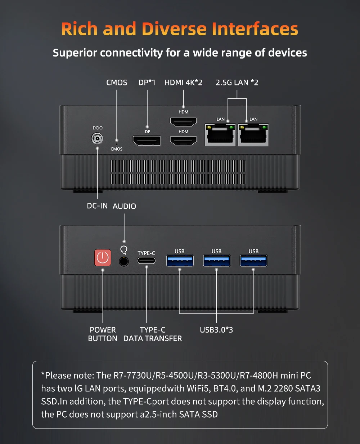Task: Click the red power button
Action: (103, 257)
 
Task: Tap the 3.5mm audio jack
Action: (124, 261)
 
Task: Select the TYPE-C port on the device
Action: (147, 261)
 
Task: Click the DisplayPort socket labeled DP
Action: (147, 141)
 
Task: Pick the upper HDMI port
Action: (183, 122)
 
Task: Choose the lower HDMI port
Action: (183, 141)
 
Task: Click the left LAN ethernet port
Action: (220, 135)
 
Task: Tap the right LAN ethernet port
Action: (253, 135)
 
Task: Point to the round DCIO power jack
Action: (97, 138)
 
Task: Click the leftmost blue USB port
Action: (180, 261)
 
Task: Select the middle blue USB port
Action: (217, 261)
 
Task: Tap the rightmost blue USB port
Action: (253, 261)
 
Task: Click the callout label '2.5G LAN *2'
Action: (237, 83)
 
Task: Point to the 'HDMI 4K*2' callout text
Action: (183, 83)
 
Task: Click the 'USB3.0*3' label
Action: (216, 330)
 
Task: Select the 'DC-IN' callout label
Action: (97, 206)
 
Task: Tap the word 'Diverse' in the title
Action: (174, 29)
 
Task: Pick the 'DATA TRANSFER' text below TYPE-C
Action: (153, 338)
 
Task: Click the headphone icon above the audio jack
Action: (124, 250)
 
